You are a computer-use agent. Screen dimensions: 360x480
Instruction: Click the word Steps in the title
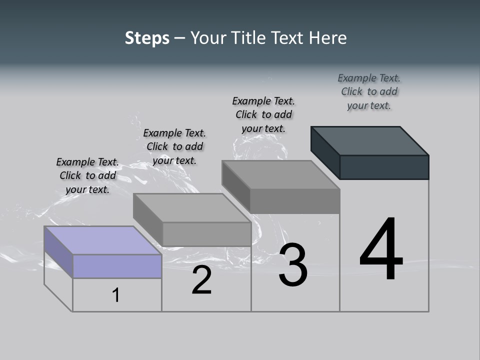click(147, 38)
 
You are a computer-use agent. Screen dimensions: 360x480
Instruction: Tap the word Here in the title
click(327, 38)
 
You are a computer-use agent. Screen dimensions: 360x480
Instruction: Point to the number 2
click(201, 280)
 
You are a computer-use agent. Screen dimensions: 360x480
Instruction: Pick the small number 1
click(116, 295)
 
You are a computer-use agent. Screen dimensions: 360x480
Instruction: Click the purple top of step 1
click(102, 240)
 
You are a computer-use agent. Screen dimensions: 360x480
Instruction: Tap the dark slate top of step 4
click(370, 140)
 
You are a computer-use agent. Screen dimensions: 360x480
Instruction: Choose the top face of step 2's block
click(192, 207)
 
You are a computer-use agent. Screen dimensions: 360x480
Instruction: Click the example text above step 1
click(87, 175)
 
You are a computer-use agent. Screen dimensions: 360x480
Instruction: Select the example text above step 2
click(174, 146)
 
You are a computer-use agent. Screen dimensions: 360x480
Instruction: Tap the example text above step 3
click(263, 114)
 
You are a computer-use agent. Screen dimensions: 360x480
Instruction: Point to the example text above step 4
click(369, 91)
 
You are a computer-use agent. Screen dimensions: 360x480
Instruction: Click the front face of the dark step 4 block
click(384, 167)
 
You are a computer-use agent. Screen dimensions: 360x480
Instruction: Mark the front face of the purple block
click(117, 266)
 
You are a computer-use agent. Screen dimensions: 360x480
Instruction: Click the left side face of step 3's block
click(236, 186)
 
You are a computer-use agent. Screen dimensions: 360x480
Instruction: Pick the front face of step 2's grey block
click(206, 234)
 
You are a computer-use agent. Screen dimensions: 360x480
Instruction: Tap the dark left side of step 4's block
click(325, 152)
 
